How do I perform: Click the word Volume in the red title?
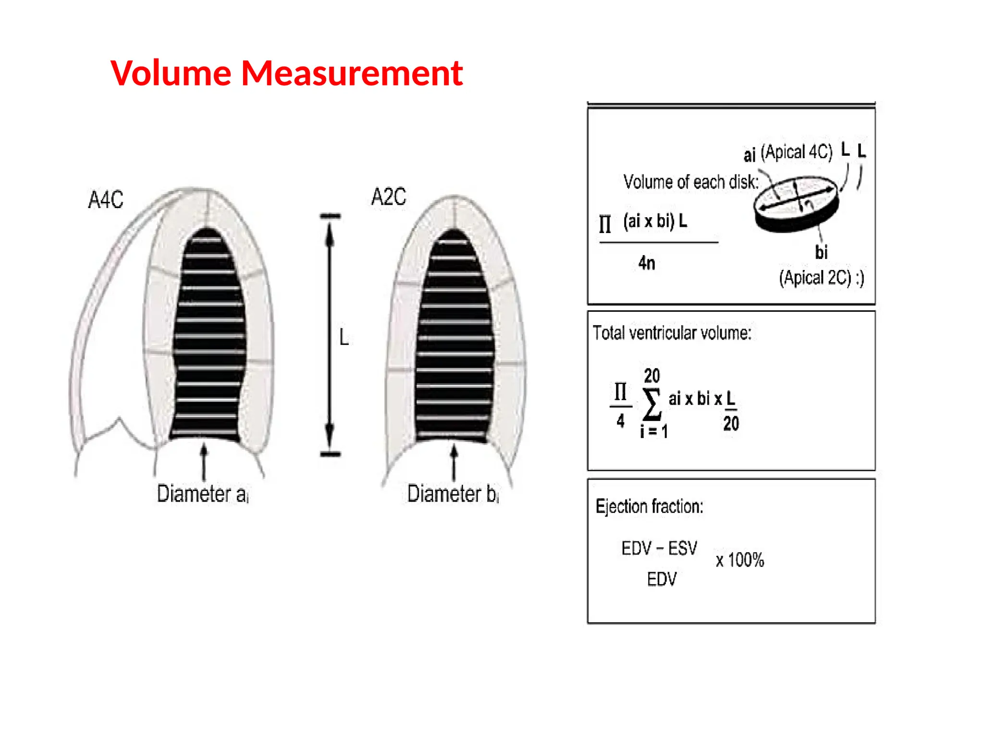tap(171, 74)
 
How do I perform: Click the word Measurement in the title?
tap(352, 74)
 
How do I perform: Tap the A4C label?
tap(106, 199)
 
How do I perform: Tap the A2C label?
tap(389, 197)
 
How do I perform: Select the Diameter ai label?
tap(202, 494)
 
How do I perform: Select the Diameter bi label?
tap(453, 494)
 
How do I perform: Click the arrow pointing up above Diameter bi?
tap(454, 461)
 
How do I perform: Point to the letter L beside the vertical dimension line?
tap(344, 337)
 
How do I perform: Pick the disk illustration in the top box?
tap(796, 204)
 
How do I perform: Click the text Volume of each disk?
tap(690, 182)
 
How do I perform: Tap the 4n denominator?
tap(647, 263)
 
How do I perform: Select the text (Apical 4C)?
tap(796, 152)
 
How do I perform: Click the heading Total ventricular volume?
tap(672, 332)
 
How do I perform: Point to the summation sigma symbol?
tap(652, 404)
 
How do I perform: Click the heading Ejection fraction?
tap(649, 506)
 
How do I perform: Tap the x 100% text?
tap(740, 560)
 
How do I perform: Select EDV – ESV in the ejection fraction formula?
tap(659, 548)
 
